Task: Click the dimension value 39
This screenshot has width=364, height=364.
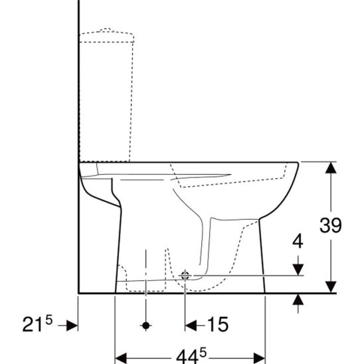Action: pyautogui.click(x=330, y=225)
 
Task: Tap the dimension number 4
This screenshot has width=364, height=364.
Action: pyautogui.click(x=298, y=241)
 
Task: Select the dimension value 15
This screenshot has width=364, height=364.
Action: pyautogui.click(x=217, y=324)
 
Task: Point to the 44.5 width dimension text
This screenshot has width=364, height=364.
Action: pyautogui.click(x=191, y=356)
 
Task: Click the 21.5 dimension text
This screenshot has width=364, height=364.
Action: pyautogui.click(x=37, y=324)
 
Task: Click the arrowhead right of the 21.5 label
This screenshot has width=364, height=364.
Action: pyautogui.click(x=72, y=325)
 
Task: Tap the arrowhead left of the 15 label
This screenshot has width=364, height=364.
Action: pyautogui.click(x=191, y=325)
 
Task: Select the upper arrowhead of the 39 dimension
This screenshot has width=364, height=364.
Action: pyautogui.click(x=331, y=167)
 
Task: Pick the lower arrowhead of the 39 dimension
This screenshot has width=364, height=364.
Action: pyautogui.click(x=331, y=287)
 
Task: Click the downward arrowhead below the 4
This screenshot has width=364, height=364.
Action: pyautogui.click(x=298, y=270)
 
